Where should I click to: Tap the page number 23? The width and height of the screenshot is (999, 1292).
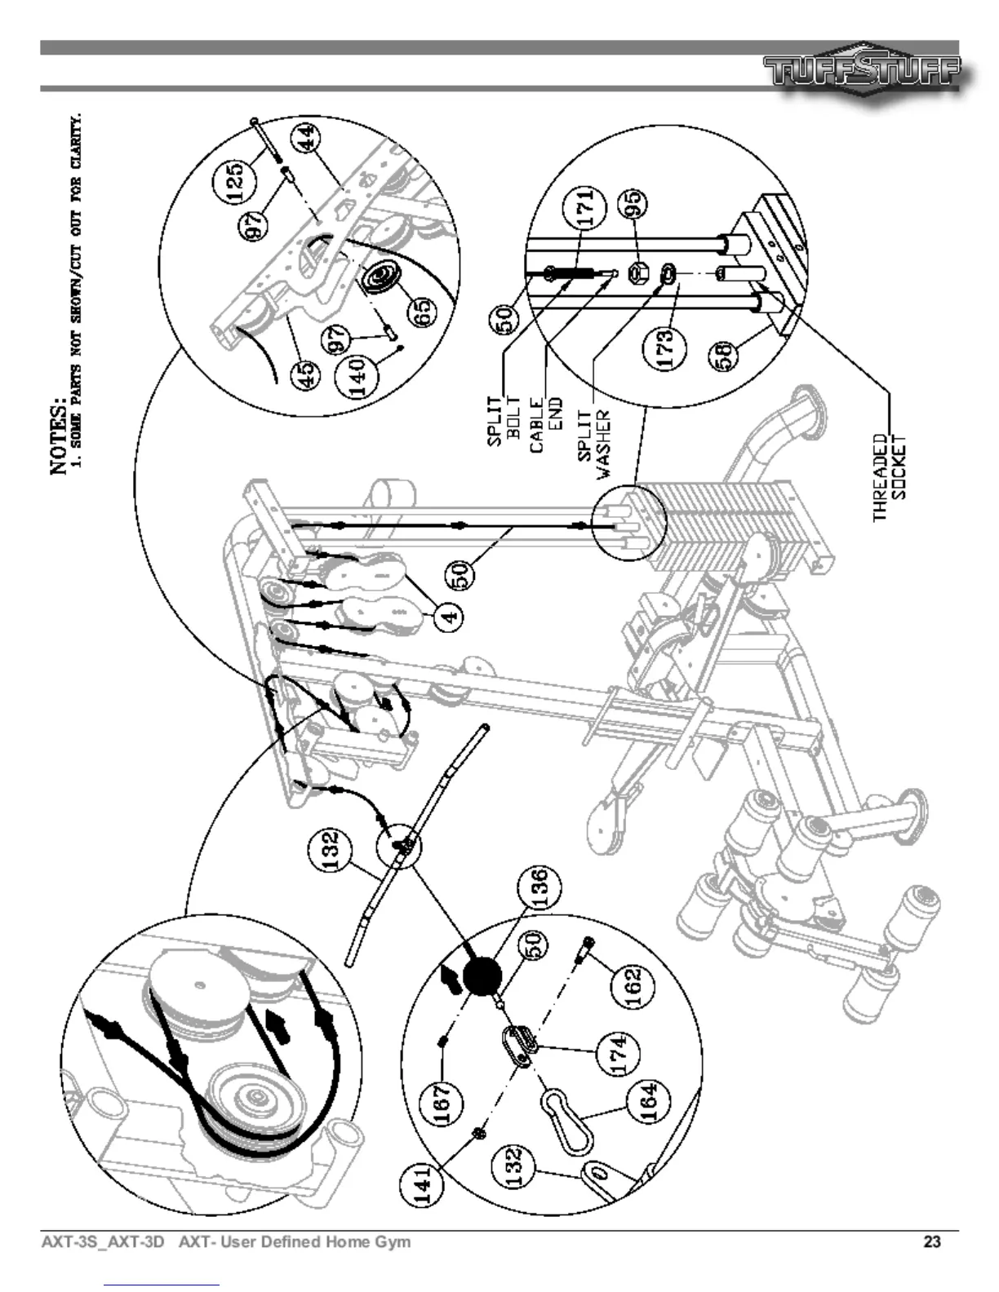pyautogui.click(x=932, y=1242)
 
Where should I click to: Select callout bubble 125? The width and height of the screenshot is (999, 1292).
pyautogui.click(x=234, y=177)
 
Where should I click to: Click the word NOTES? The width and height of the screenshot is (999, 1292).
pyautogui.click(x=60, y=435)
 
